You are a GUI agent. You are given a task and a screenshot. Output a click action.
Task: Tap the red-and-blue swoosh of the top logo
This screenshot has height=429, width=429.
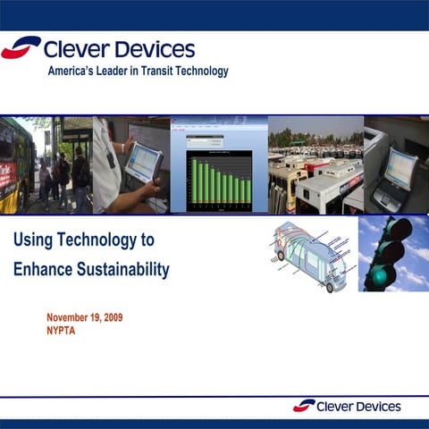pyautogui.click(x=21, y=47)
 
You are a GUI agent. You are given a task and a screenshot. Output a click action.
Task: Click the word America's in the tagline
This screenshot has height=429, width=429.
pyautogui.click(x=71, y=71)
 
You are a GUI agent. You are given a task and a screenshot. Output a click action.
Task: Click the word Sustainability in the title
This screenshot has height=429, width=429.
pyautogui.click(x=120, y=269)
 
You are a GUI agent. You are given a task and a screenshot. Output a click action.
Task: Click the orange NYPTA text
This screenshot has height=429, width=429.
pyautogui.click(x=63, y=331)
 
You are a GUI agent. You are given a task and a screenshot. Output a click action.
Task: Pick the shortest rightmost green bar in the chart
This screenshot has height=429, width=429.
pyautogui.click(x=248, y=191)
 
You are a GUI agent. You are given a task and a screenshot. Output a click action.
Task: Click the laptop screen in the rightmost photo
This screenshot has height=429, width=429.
pyautogui.click(x=400, y=167)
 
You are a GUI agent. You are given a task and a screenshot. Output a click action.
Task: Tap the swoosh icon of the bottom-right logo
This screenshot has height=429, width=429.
pyautogui.click(x=304, y=405)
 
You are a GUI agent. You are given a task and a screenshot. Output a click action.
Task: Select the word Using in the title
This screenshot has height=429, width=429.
pyautogui.click(x=33, y=240)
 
